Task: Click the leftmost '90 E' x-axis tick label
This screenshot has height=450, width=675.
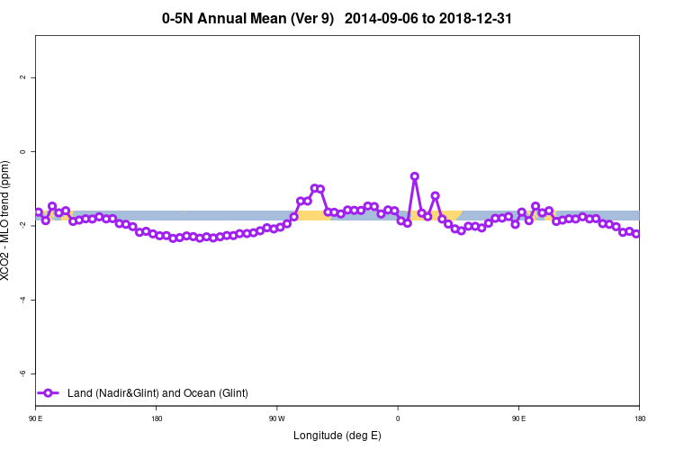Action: point(35,418)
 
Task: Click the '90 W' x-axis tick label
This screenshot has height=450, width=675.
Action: point(276,418)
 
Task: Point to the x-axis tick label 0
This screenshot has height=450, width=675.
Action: point(398,418)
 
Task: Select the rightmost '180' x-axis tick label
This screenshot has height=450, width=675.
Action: point(639,418)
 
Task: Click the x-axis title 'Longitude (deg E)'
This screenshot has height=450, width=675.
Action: point(337,436)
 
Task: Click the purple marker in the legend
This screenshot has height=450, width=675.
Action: point(49,393)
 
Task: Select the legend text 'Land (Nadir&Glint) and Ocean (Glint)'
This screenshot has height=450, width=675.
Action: point(157,393)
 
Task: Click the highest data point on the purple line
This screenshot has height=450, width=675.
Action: point(414,176)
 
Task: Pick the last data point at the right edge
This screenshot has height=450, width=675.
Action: point(636,234)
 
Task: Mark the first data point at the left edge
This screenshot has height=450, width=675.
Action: point(38,212)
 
